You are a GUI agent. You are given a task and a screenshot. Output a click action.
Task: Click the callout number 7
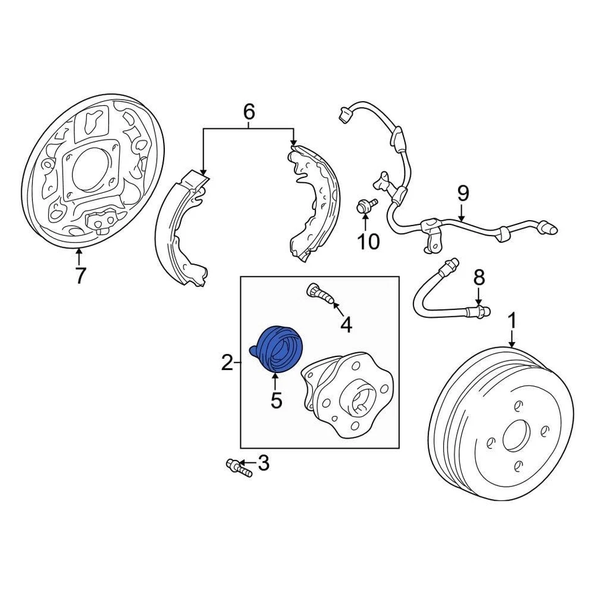(79, 275)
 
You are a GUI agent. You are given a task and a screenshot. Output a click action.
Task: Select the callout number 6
(248, 112)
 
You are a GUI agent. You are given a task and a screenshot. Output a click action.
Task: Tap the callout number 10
(368, 241)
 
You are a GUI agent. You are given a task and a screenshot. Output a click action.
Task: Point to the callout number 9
(464, 194)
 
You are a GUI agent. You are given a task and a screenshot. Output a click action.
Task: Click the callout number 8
(478, 277)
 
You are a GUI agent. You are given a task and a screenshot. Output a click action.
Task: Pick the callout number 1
(512, 321)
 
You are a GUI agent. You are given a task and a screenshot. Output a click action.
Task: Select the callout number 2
(227, 363)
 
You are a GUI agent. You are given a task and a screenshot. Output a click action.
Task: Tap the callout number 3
(263, 463)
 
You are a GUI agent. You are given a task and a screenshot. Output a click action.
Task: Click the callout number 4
(345, 324)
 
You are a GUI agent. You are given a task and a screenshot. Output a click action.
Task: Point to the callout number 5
(276, 400)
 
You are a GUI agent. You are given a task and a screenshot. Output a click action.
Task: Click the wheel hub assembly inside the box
(347, 394)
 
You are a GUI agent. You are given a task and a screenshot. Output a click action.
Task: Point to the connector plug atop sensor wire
(345, 115)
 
